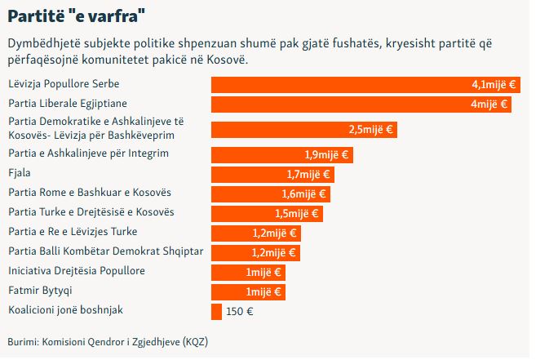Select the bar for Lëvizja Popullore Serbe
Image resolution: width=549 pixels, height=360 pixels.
[343, 84]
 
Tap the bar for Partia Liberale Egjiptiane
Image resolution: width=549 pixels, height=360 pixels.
[343, 104]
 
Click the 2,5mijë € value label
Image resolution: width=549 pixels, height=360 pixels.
[370, 130]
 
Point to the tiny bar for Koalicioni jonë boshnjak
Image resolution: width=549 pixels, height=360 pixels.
[216, 311]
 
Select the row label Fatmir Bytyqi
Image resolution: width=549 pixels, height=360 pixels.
[37, 291]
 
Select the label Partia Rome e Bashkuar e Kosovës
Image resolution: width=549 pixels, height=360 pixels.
[89, 193]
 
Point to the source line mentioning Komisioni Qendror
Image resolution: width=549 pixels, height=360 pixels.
[108, 340]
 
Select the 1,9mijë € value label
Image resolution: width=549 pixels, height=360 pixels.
[326, 154]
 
